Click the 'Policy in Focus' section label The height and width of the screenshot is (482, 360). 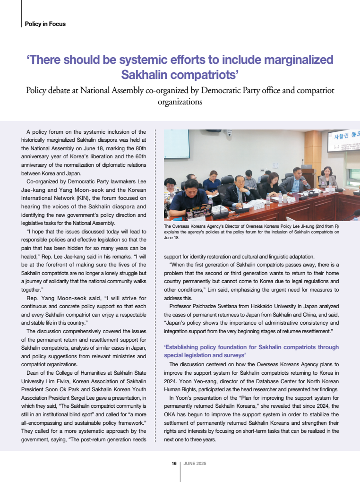(x=45, y=24)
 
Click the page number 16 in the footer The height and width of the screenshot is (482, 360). (x=174, y=464)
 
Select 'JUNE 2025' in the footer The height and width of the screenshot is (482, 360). (x=195, y=464)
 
